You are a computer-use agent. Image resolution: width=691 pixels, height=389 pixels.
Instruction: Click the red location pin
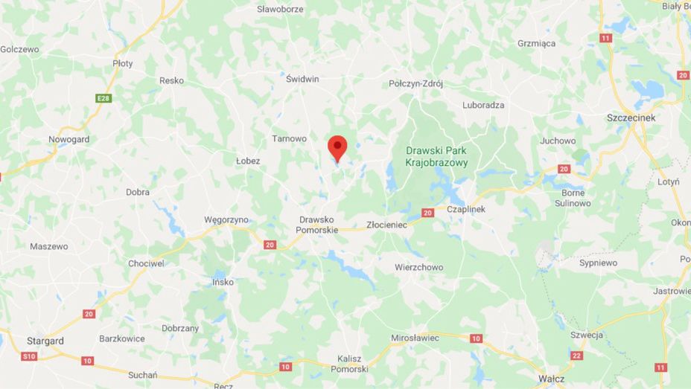pos(337,147)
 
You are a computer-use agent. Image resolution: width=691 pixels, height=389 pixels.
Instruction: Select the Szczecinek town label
pos(630,118)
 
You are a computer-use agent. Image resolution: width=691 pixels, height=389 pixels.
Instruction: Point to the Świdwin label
pos(302,78)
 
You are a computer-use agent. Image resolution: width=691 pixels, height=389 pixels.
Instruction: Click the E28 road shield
pos(103,98)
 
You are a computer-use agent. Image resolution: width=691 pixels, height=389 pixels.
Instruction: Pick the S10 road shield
pos(28,356)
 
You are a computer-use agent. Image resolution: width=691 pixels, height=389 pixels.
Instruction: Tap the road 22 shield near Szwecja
pos(576,356)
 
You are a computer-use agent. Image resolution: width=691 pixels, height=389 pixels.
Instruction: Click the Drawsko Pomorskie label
pos(318,225)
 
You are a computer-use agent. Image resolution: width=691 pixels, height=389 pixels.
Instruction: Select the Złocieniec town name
pos(387,224)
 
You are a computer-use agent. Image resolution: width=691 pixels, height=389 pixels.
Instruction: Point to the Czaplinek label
pos(466,209)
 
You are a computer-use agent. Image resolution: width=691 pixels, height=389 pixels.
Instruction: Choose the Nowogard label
pos(69,139)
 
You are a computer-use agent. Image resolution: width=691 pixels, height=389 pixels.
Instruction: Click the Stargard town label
pos(45,341)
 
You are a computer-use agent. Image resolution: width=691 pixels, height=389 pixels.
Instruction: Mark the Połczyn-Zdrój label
pos(415,84)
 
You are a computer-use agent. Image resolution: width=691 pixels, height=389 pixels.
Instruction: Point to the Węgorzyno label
pos(226,219)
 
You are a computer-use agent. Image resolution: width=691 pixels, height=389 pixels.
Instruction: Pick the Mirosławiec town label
pos(415,338)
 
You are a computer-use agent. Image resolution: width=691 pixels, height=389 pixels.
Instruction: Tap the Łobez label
pos(248,161)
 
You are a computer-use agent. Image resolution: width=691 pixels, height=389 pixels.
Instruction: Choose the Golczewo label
pos(19,49)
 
